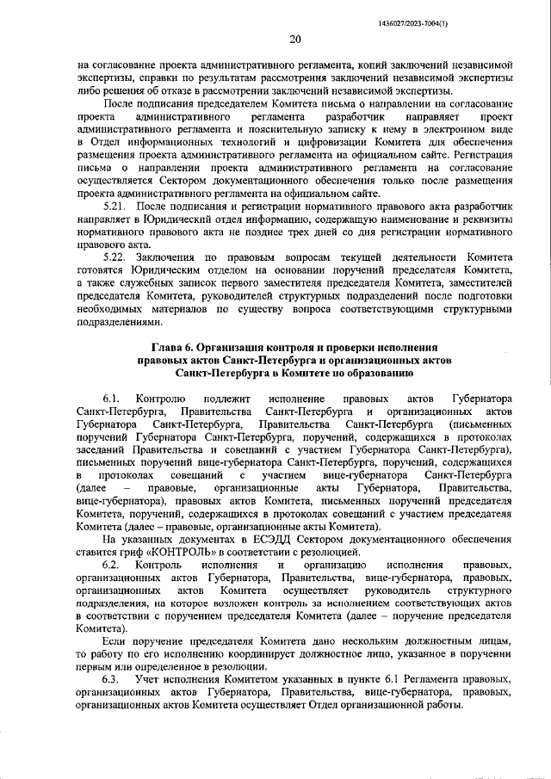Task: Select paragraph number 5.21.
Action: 115,209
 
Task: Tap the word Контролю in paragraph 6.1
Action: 160,399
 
